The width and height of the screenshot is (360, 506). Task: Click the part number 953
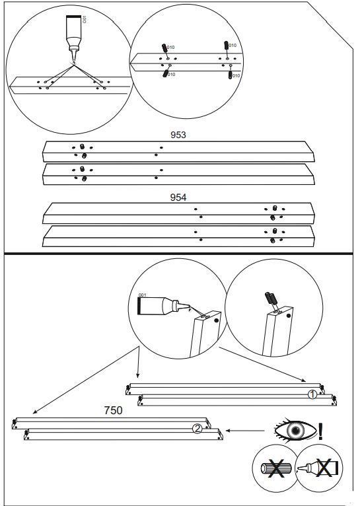tap(178, 135)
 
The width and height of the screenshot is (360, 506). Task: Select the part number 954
tap(178, 198)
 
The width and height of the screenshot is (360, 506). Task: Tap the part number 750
tap(114, 410)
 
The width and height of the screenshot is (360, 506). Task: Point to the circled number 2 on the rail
tap(196, 428)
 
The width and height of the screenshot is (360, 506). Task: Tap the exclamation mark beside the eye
tap(321, 432)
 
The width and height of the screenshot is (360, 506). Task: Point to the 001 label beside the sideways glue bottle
tap(141, 295)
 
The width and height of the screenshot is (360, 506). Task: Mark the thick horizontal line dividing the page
tap(180, 254)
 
